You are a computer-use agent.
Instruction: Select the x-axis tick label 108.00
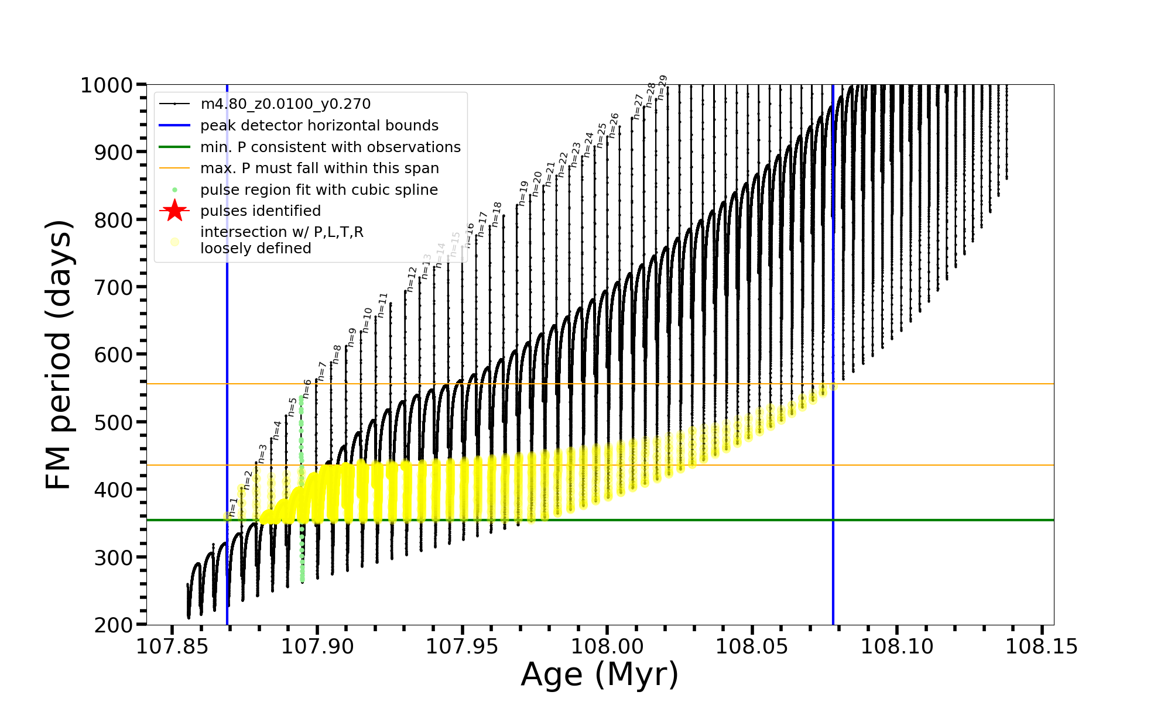(607, 646)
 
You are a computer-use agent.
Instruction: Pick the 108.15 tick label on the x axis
(1042, 646)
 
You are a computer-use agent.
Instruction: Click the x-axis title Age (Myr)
(600, 675)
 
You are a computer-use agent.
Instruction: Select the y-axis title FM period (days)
(59, 355)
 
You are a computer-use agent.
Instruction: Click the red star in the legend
(174, 211)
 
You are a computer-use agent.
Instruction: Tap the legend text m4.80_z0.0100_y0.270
(285, 104)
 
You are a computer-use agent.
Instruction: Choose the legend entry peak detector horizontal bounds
(319, 126)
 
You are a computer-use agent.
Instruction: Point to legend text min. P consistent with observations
(330, 147)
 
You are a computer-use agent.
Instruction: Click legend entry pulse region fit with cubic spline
(319, 190)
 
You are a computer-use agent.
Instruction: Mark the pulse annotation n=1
(233, 507)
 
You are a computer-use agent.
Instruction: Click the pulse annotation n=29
(662, 87)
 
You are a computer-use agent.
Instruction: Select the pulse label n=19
(523, 192)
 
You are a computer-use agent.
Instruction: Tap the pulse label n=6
(307, 389)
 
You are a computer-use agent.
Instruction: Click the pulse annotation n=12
(412, 279)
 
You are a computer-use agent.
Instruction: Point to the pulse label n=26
(613, 125)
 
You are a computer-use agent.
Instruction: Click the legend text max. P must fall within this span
(319, 168)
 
